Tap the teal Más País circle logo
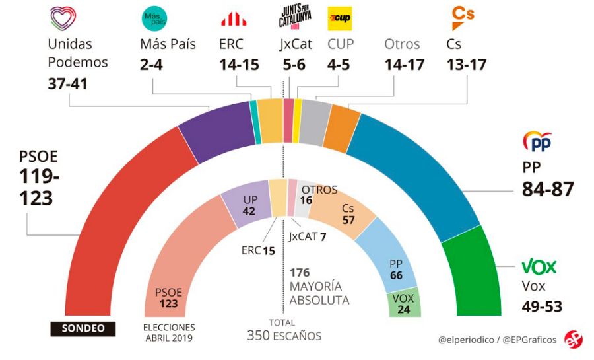(155, 18)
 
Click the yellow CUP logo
(340, 18)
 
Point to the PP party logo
(537, 141)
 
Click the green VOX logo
(539, 267)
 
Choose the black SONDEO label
(82, 328)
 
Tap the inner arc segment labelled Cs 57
(343, 215)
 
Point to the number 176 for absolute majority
(300, 272)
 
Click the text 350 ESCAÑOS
(284, 336)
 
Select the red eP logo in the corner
(573, 339)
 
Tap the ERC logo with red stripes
(234, 19)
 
